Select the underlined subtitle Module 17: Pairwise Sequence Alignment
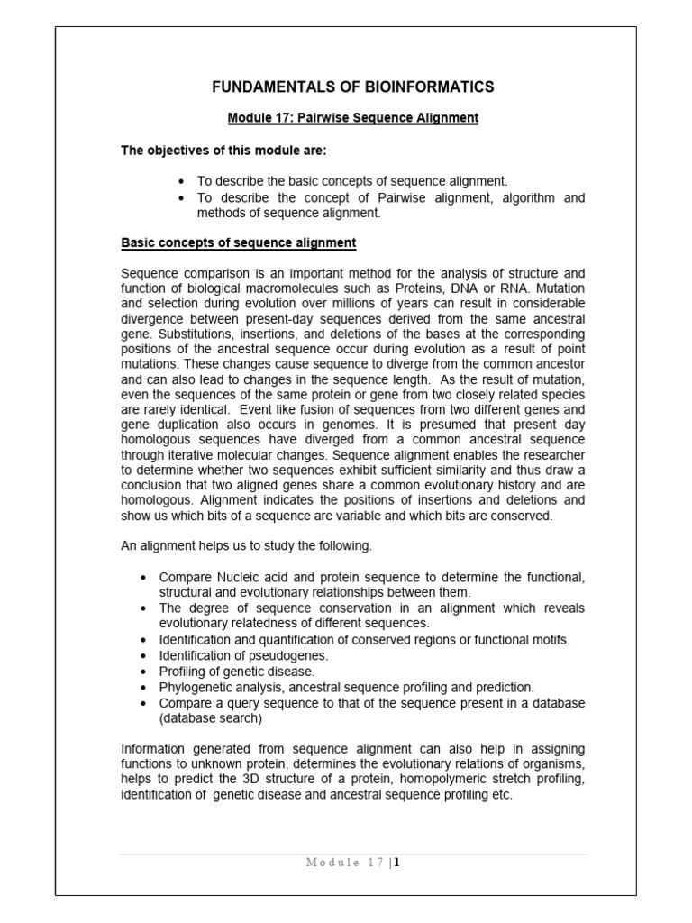[352, 118]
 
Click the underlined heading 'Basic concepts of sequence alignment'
[239, 243]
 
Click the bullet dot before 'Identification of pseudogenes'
[144, 655]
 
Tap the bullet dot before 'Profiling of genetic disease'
[144, 671]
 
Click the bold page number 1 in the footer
[396, 862]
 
